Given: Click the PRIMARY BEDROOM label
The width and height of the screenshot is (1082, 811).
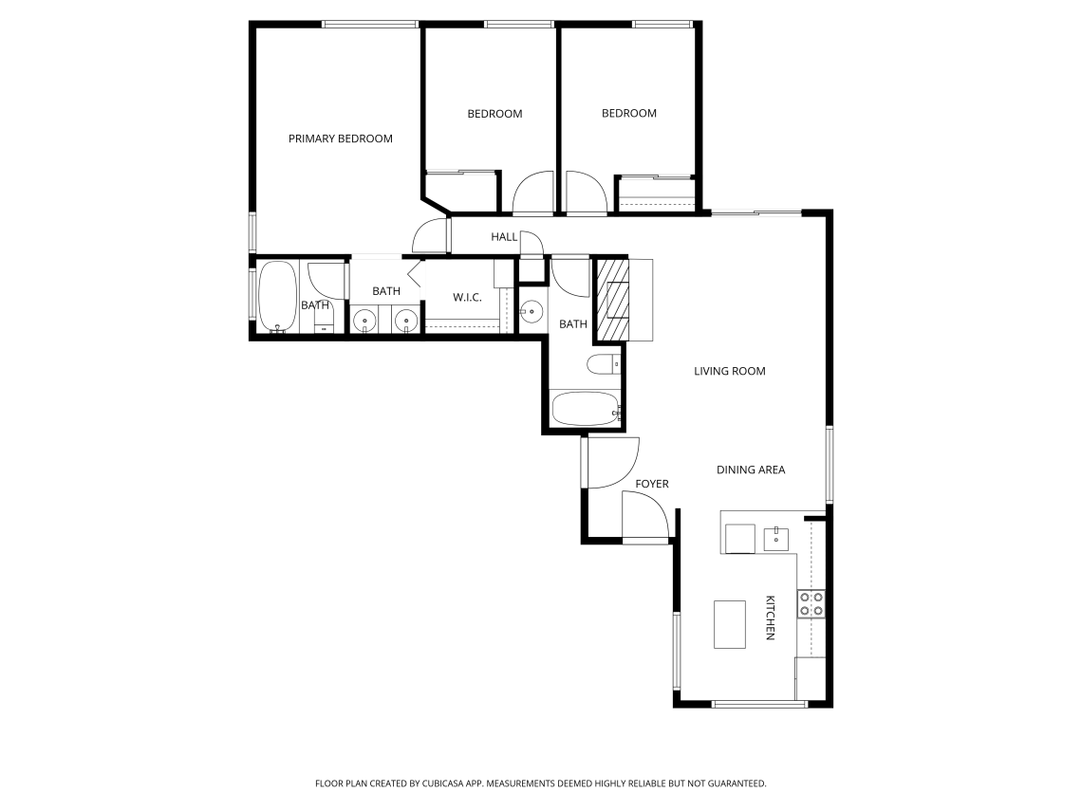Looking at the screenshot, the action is pos(340,138).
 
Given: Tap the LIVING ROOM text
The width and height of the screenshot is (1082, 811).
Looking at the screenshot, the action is pos(729,371).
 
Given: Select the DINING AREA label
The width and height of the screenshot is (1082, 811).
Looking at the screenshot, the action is pos(751,470).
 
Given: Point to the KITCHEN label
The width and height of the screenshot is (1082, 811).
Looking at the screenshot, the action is pos(770,617).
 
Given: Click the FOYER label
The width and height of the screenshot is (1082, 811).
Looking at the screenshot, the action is pos(652,484).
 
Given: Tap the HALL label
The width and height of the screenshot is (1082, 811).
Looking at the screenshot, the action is pos(504,237).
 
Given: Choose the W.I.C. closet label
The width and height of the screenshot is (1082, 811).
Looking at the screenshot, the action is pos(467,298).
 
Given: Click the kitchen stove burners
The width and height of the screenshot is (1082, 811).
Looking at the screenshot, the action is pos(811,604).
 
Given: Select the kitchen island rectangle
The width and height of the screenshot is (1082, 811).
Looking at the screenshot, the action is pos(729,624).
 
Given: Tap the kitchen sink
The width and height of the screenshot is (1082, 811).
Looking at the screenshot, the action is pos(776,539).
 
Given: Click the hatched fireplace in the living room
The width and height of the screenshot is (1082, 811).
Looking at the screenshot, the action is pos(613,300).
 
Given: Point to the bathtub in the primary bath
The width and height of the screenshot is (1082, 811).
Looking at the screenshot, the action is pos(277,297).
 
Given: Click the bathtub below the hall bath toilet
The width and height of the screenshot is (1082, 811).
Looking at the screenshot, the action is pos(586,409).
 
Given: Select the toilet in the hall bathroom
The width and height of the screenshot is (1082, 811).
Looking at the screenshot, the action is pos(603,364).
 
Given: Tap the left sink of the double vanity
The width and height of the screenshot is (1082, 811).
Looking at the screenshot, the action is pos(364,321).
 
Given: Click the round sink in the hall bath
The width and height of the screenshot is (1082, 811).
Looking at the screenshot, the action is pos(531,312).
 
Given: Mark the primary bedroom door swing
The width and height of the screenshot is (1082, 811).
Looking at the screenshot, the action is pos(429,235).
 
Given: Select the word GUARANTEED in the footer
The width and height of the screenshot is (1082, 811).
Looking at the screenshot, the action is pos(739,783).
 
